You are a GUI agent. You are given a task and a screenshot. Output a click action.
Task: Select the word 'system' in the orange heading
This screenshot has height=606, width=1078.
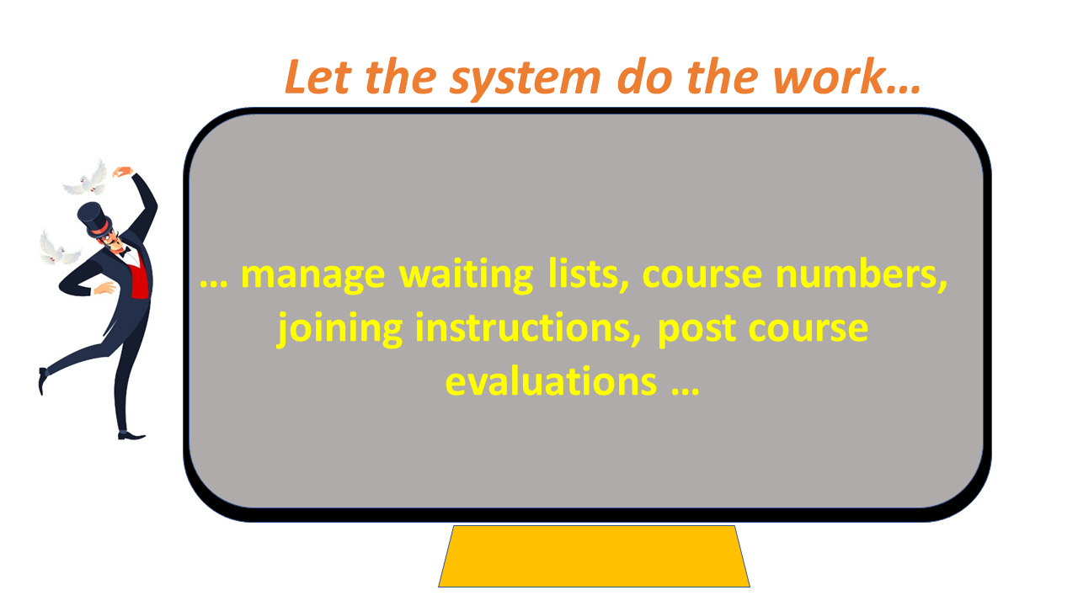coord(526,80)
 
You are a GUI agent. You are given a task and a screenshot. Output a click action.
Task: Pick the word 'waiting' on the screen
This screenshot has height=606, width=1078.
coord(467,275)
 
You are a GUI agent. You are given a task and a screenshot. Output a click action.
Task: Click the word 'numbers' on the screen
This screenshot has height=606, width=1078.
coord(861,274)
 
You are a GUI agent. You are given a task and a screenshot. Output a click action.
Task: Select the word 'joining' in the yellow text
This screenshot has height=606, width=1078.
coord(339,329)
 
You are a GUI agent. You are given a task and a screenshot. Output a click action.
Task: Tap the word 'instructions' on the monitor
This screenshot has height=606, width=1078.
coord(528,328)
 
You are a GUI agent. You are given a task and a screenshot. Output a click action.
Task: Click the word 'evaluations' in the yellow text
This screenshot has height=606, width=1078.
coord(551,381)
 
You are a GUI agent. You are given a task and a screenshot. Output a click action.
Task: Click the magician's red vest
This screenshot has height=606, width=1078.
coord(140,279)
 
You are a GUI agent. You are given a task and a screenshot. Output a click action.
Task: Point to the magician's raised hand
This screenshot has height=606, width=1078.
coord(122,172)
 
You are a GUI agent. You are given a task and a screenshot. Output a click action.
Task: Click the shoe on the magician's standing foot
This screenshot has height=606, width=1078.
coord(131,436)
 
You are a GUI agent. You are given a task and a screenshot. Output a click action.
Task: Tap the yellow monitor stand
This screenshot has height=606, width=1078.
coord(594,556)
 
